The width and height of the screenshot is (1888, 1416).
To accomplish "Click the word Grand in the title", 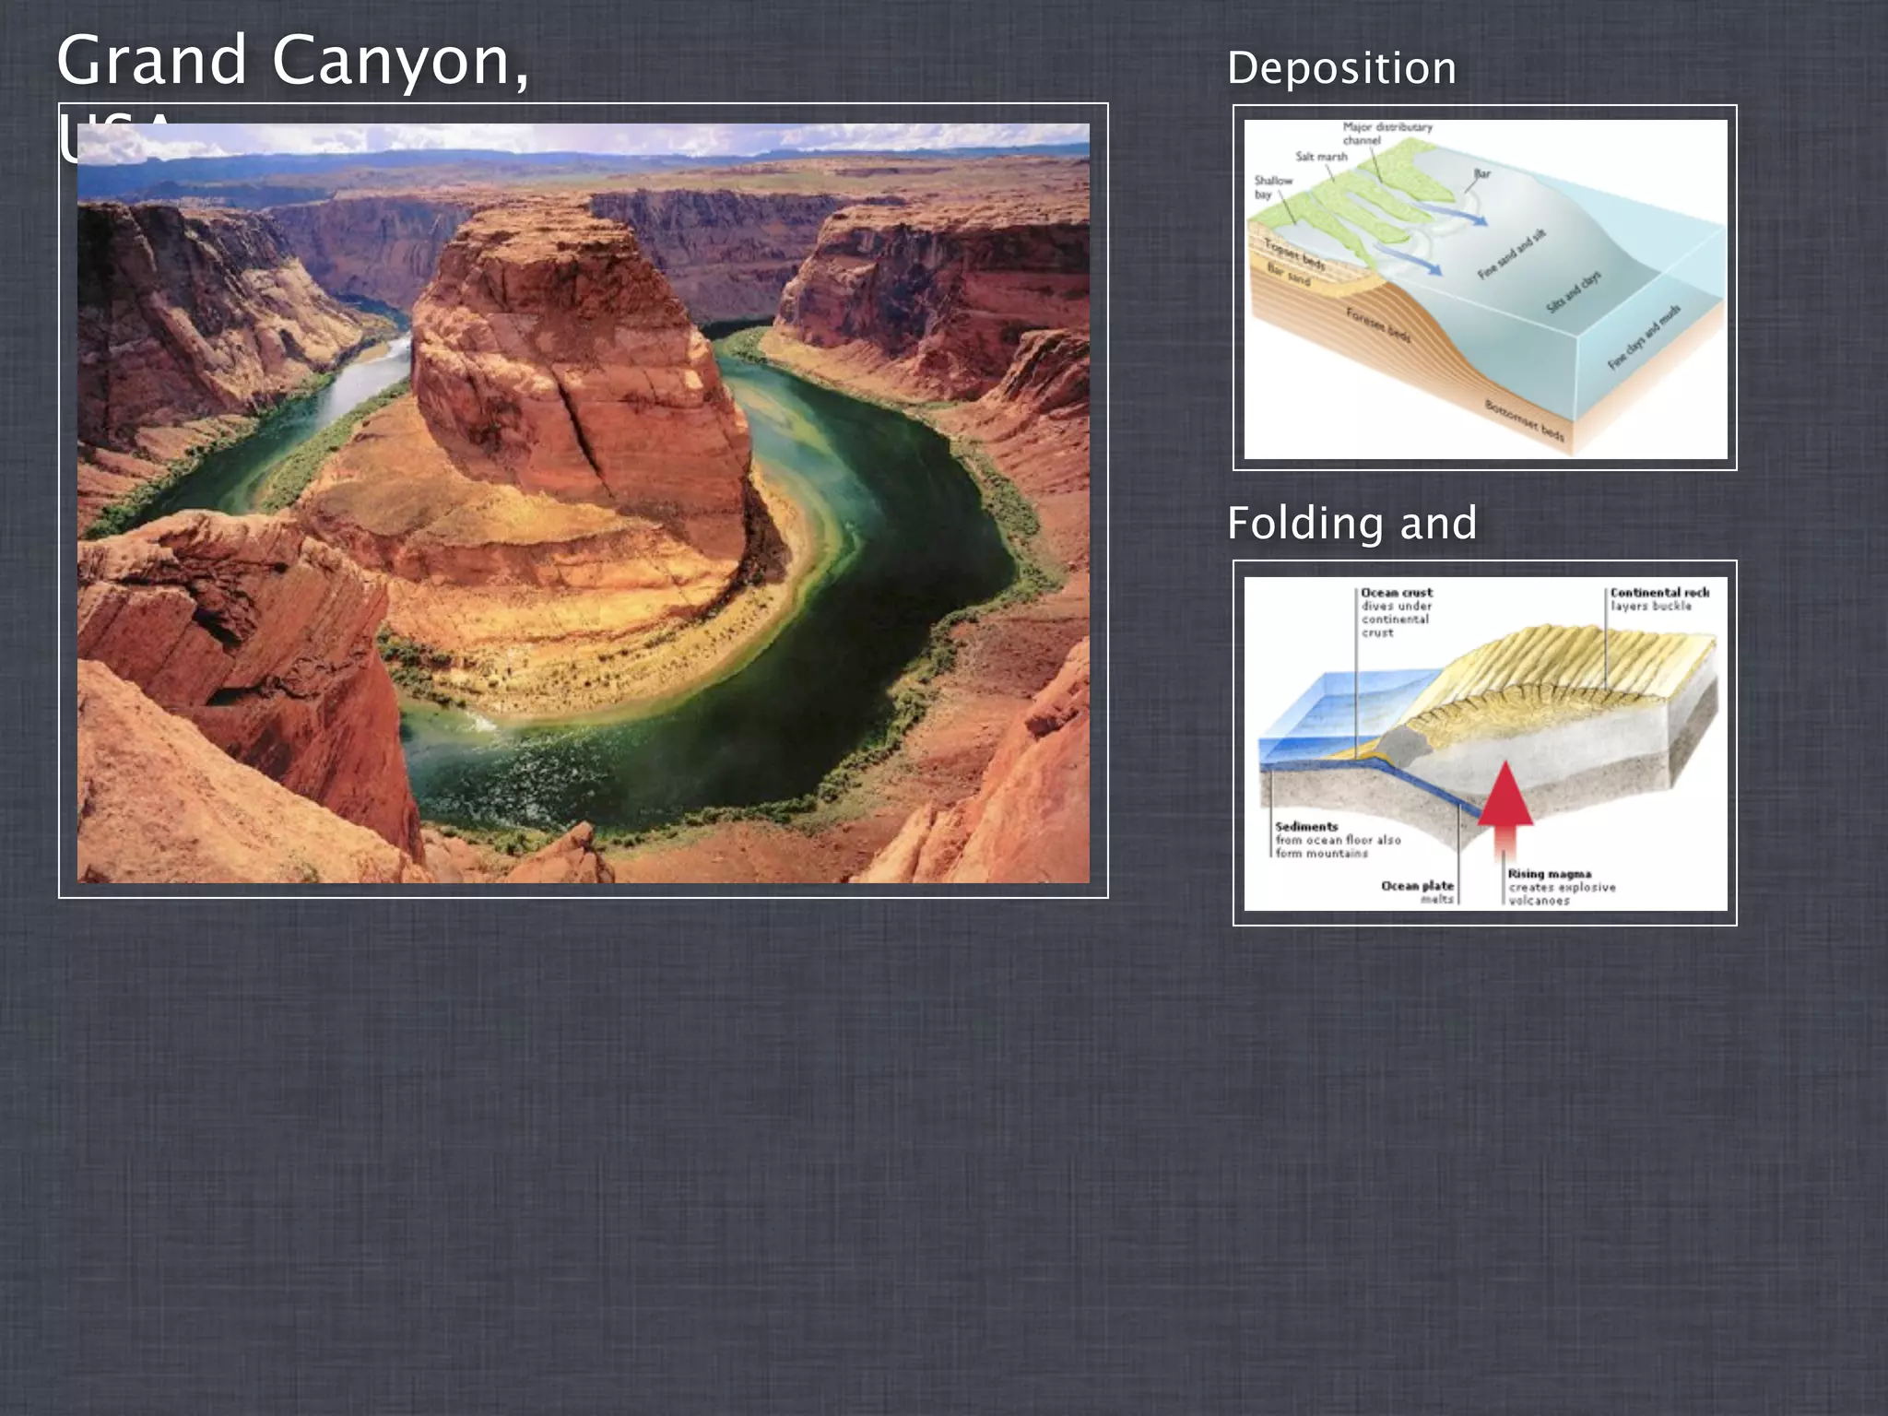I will pos(152,60).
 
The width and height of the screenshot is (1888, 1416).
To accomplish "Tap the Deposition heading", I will pos(1341,68).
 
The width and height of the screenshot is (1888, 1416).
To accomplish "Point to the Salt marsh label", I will pos(1321,157).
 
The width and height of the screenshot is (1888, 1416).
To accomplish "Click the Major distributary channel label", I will pos(1386,134).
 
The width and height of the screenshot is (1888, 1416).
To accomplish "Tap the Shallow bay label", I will pos(1273,187).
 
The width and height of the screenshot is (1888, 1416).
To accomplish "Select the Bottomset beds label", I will pos(1524,421).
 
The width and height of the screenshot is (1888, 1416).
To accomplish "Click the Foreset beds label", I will pos(1379,325).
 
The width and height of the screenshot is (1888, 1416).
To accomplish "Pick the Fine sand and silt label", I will pos(1512,254).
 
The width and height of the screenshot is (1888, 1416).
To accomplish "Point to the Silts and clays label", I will pos(1574,292).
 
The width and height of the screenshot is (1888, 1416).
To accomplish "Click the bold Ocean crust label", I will pos(1397,593).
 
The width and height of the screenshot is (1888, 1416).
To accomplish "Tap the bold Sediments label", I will pos(1306,827).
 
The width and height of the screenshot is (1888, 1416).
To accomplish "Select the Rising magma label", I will pos(1550,874).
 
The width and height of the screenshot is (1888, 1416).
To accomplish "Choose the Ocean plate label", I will pos(1417,886).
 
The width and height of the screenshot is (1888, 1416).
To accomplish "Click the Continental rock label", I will pos(1659,593).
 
